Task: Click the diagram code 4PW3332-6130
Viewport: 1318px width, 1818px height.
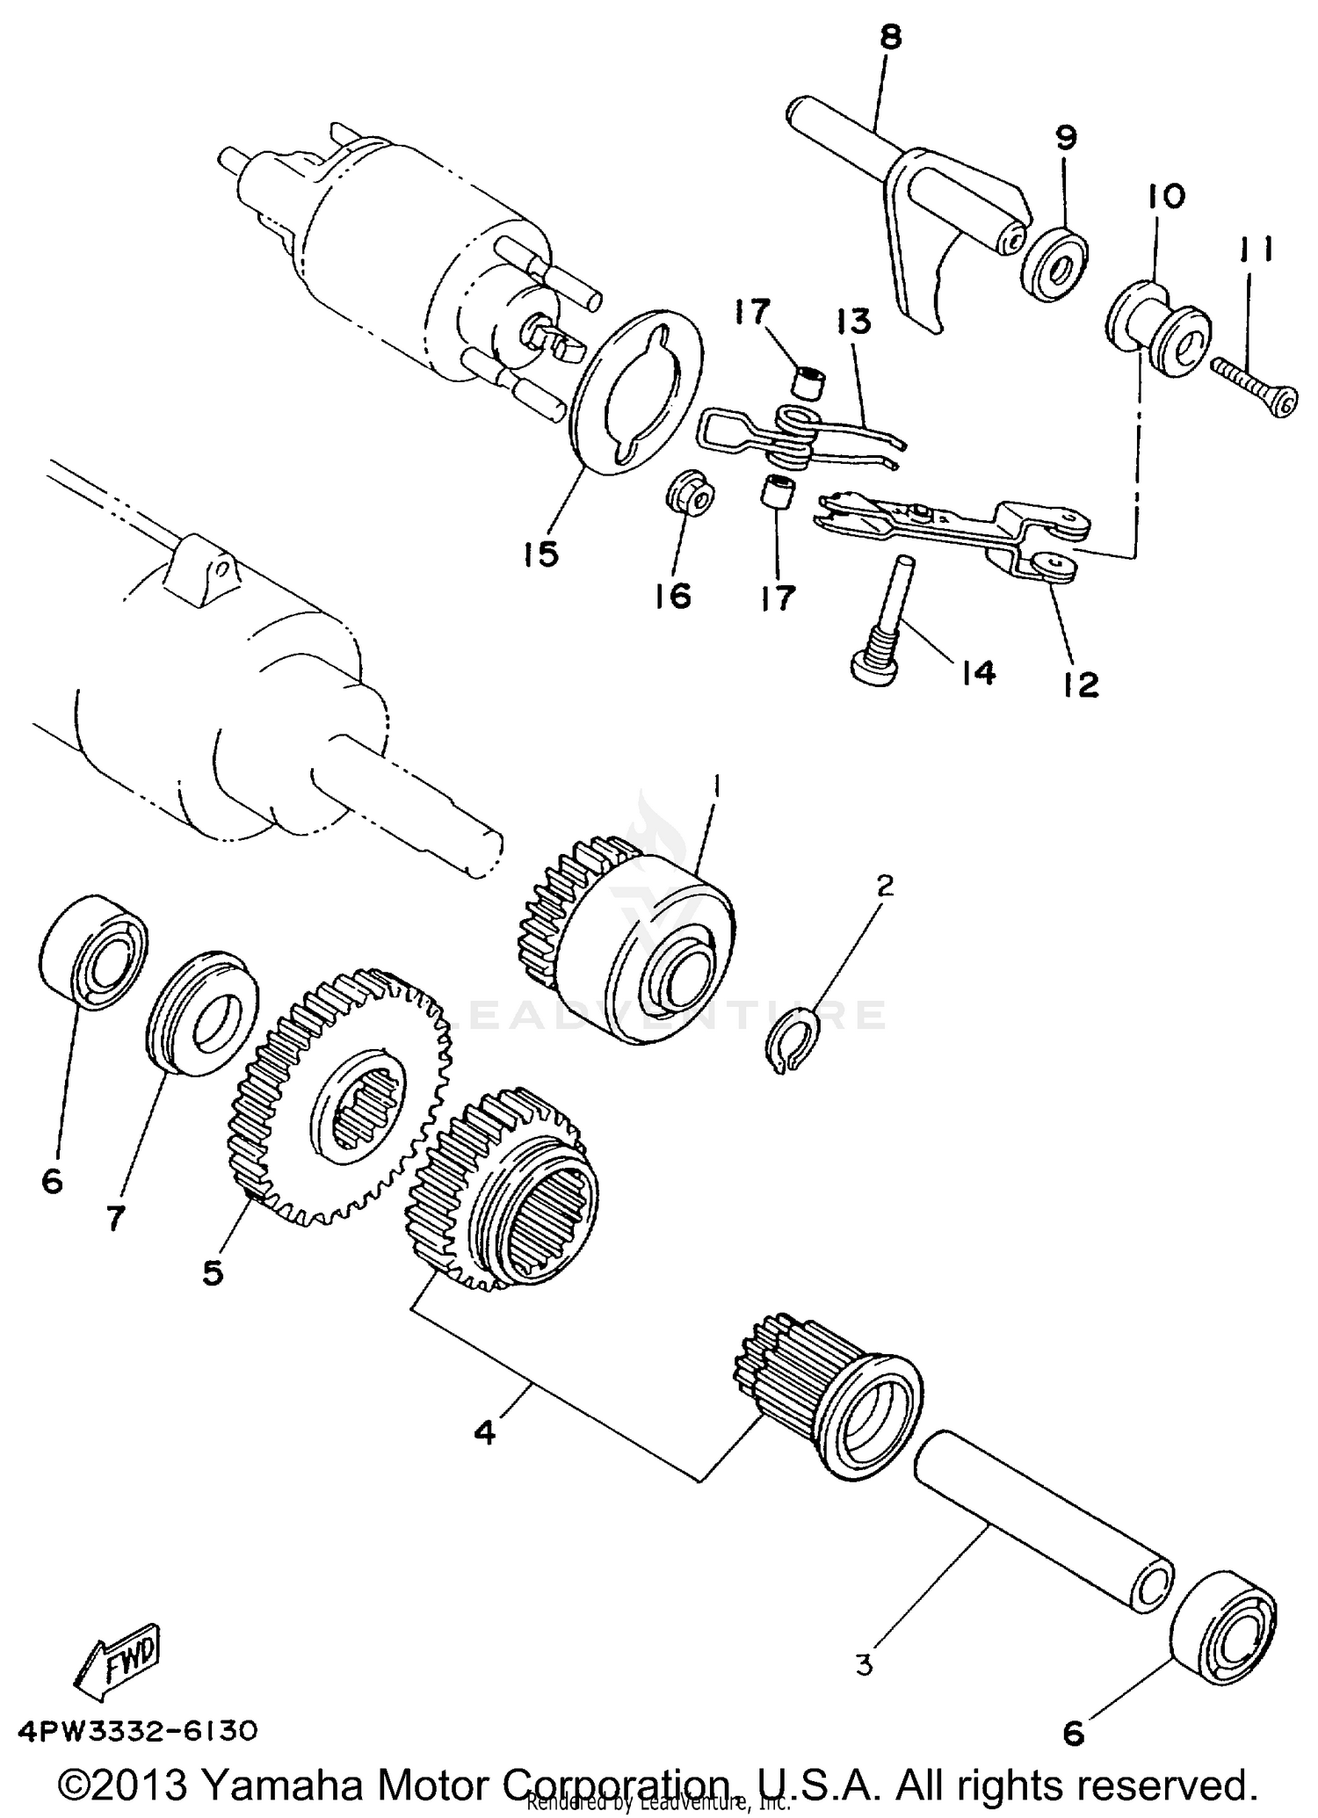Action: point(138,1731)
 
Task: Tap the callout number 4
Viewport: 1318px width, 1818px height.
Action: point(484,1431)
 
